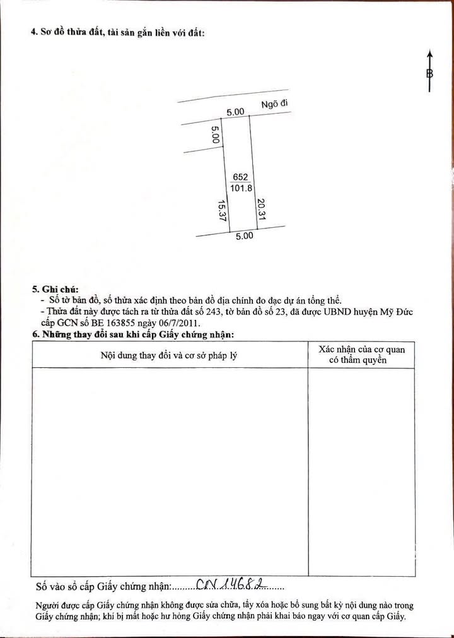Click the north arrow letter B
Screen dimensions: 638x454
coord(429,73)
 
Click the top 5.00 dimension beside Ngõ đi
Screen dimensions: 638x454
coord(235,112)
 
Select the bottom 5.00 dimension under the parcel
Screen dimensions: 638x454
coord(244,237)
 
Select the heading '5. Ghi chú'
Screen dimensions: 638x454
coord(55,289)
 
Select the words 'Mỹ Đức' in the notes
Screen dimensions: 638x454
coord(397,312)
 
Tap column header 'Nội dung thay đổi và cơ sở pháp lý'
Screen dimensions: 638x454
coord(169,355)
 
